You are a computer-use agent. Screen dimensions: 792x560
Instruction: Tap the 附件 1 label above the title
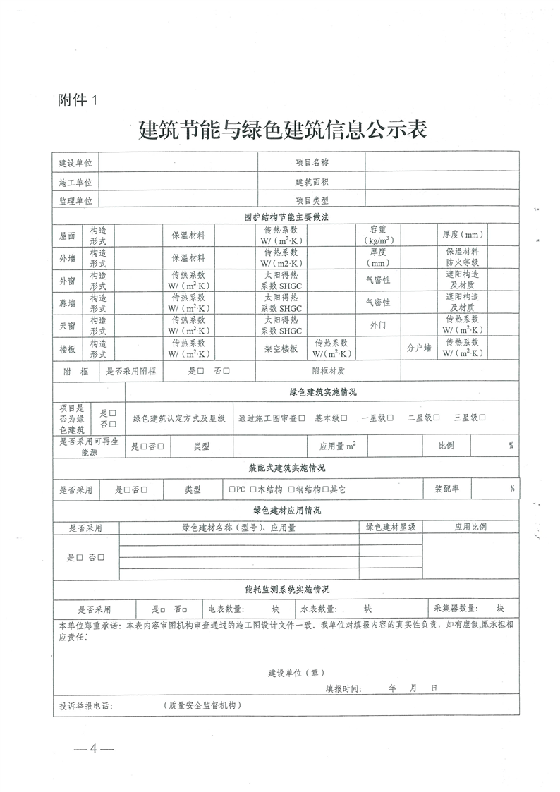tap(80, 101)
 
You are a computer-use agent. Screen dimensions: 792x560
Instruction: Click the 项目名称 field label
tap(312, 163)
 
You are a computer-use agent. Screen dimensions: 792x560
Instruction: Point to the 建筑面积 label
tap(312, 182)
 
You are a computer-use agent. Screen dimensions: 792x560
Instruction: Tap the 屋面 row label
tap(68, 236)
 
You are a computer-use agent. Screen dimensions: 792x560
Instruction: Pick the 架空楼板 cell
tap(281, 349)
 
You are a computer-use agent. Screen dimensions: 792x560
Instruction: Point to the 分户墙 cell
tap(418, 349)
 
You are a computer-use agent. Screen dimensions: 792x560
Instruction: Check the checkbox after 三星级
tap(482, 418)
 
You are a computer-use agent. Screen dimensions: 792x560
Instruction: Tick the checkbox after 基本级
tap(344, 418)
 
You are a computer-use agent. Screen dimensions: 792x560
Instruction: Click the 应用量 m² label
tap(337, 446)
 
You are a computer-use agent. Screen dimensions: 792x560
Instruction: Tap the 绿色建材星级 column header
tap(391, 527)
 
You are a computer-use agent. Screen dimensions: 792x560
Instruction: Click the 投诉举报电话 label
tap(86, 705)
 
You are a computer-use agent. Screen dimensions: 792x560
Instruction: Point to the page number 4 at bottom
tap(92, 749)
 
